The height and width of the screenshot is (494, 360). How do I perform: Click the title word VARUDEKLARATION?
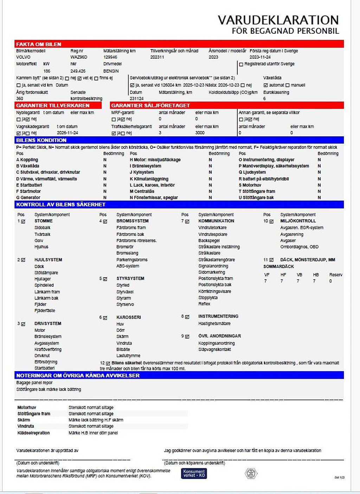coord(278,20)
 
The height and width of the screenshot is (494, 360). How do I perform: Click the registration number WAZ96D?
coord(79,57)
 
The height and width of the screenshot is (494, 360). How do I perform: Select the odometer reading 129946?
coord(110,57)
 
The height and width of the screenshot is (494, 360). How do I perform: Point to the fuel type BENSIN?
coord(111,71)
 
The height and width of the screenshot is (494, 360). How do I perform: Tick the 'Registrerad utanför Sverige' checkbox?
coord(241,64)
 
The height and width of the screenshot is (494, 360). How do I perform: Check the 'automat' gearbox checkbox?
coord(265,85)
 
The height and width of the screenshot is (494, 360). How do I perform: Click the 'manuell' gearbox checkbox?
coord(288,85)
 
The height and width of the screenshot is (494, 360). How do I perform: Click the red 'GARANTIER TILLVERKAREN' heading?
coord(53,105)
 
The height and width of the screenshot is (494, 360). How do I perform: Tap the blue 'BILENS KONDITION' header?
coord(41,140)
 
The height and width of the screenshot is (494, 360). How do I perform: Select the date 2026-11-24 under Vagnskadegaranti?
coord(67,133)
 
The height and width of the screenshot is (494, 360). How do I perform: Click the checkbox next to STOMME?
coord(23,221)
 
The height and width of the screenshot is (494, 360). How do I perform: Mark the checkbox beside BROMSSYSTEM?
coord(105,221)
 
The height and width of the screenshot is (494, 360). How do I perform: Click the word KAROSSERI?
coord(129,317)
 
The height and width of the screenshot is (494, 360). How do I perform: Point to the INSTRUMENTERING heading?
coord(218,317)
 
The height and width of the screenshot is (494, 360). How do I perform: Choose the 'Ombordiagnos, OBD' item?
coord(299,247)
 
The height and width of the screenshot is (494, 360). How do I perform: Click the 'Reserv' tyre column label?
coord(335,275)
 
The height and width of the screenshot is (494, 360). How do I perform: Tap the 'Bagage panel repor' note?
coord(34,383)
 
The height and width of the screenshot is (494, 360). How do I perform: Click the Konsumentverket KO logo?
coord(194,473)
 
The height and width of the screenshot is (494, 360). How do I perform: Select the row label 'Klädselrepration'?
coord(34,433)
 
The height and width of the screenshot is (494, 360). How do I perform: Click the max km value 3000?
coord(200,133)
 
